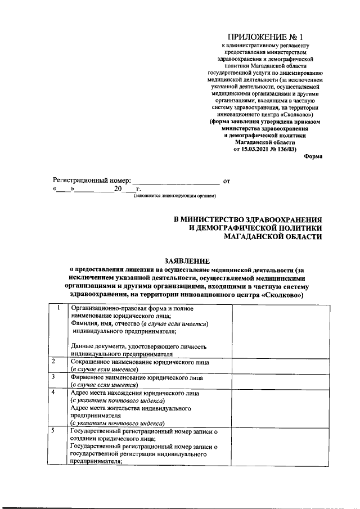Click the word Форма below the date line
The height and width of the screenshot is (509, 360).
(313, 156)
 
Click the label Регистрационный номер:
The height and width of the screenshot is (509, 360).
(92, 181)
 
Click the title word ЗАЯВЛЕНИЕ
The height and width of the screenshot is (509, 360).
(186, 261)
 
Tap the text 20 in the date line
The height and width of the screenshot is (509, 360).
(118, 190)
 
